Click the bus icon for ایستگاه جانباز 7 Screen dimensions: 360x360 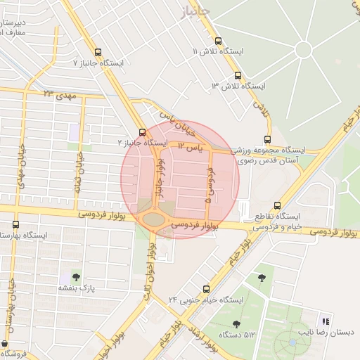97,52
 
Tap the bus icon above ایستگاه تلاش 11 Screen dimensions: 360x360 218,41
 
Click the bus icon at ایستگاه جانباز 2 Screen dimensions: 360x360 143,131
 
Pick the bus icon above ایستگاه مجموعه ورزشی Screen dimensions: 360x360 267,139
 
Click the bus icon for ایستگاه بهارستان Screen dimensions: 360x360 15,224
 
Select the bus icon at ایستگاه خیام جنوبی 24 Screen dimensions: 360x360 206,288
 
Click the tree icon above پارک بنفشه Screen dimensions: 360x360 76,277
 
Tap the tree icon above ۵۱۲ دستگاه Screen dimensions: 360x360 236,323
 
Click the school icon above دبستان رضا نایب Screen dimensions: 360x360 325,321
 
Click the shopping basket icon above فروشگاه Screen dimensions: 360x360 5,344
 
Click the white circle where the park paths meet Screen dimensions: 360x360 303,50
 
